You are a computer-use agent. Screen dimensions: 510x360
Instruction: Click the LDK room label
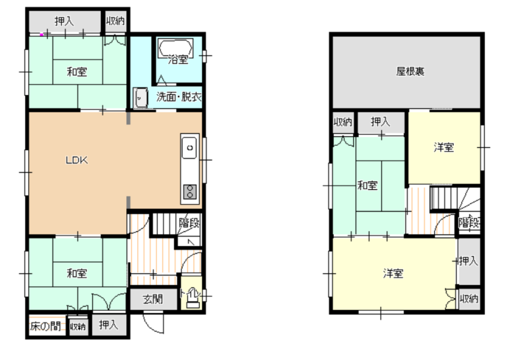pyautogui.click(x=76, y=160)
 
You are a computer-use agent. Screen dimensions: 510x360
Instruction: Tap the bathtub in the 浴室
pyautogui.click(x=175, y=48)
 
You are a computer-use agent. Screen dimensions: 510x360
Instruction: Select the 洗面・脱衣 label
pyautogui.click(x=178, y=97)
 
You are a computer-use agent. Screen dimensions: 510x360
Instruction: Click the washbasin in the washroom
pyautogui.click(x=140, y=97)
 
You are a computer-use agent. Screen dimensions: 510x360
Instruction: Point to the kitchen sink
pyautogui.click(x=189, y=148)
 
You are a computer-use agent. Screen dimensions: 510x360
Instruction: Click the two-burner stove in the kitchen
pyautogui.click(x=189, y=192)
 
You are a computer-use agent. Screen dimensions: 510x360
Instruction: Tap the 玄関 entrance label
pyautogui.click(x=153, y=299)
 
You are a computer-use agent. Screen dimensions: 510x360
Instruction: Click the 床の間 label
pyautogui.click(x=45, y=326)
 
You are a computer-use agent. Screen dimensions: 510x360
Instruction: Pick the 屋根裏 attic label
pyautogui.click(x=410, y=71)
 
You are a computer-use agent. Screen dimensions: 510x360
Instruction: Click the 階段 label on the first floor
pyautogui.click(x=189, y=223)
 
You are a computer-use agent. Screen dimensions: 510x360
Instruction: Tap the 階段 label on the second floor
pyautogui.click(x=469, y=222)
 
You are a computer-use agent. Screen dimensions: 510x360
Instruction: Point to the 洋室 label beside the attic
pyautogui.click(x=444, y=147)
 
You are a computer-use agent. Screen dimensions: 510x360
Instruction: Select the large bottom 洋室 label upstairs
pyautogui.click(x=393, y=273)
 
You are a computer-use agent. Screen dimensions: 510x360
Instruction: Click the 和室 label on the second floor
pyautogui.click(x=367, y=185)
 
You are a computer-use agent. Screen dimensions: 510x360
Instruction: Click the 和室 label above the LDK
pyautogui.click(x=76, y=71)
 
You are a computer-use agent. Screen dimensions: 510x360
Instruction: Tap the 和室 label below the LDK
pyautogui.click(x=76, y=273)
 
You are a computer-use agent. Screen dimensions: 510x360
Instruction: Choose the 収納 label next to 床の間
pyautogui.click(x=77, y=326)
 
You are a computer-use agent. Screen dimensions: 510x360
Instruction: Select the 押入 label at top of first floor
pyautogui.click(x=64, y=21)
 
